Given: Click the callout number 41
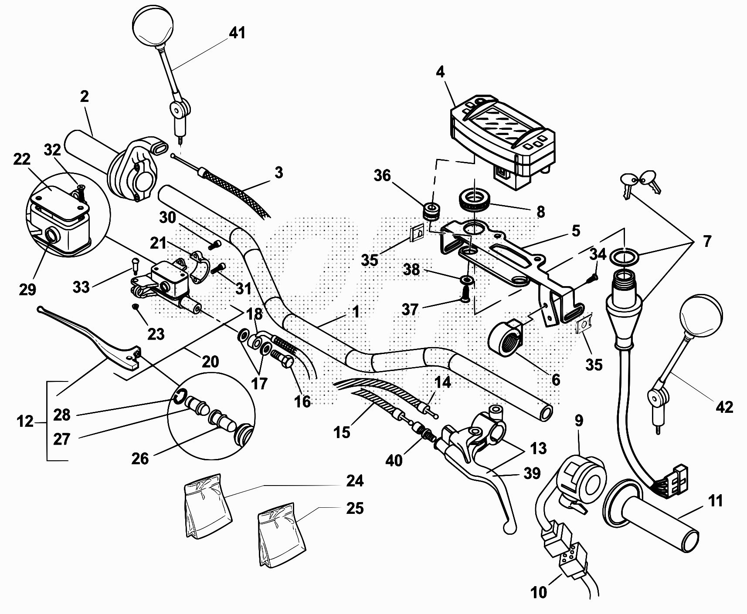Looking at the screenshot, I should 237,33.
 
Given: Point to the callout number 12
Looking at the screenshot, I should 25,421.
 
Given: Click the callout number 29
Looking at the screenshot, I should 27,289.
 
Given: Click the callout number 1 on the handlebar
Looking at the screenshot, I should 356,312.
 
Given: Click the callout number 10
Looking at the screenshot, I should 539,592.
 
